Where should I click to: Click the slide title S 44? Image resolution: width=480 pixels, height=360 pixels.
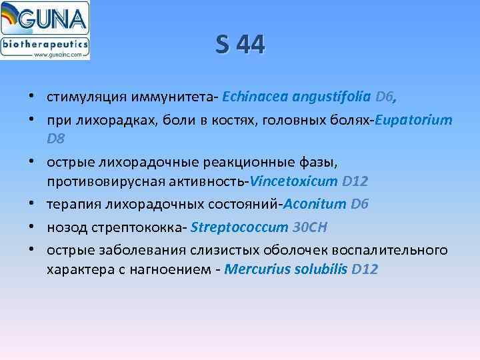coord(240,45)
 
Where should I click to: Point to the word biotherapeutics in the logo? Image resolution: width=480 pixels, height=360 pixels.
coord(45,45)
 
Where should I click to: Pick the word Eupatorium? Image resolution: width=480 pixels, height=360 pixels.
coord(414,121)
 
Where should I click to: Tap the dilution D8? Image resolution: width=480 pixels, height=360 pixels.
coord(56,139)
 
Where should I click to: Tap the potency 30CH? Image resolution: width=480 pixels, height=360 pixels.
coord(310,227)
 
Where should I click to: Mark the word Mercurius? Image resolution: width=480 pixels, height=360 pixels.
coord(253,269)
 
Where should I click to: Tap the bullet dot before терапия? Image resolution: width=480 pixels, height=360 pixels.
coord(32,204)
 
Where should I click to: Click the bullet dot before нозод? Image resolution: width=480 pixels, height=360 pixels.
coord(32,227)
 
